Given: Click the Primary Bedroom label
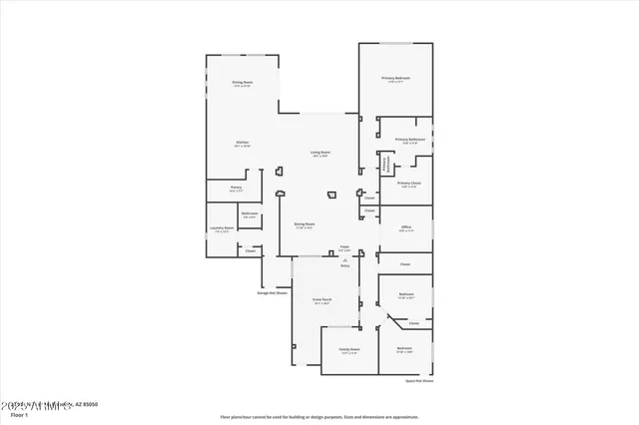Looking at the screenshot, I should point(396,78).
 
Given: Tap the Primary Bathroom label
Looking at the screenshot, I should point(409,140).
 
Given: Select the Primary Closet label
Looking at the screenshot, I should point(408,184).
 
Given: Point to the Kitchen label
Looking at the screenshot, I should point(242,143).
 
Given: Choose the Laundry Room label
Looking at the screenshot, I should point(222,227).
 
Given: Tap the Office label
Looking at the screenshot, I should point(406,226).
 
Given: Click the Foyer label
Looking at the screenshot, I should point(344,245).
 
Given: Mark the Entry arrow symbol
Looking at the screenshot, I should point(344,259).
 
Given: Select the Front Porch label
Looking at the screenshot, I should point(321,299).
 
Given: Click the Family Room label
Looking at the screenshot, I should point(347,349).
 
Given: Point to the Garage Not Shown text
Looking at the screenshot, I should point(273,293).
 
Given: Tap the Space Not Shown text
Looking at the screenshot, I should point(419,381).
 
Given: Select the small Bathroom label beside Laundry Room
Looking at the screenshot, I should point(250,212).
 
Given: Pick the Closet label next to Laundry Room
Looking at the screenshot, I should point(250,251).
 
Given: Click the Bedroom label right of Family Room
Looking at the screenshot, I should point(405,348).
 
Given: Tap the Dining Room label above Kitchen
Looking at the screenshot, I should point(242,83).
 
